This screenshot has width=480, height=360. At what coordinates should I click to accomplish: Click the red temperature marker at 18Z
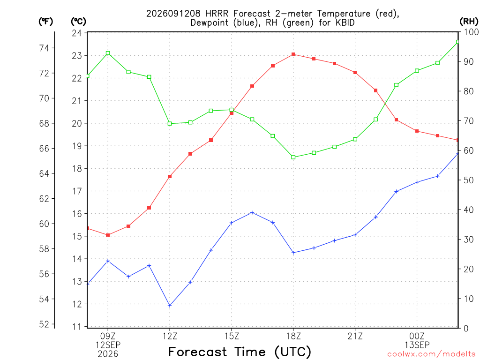(x=293, y=54)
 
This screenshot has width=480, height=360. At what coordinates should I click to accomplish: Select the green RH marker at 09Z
(x=108, y=53)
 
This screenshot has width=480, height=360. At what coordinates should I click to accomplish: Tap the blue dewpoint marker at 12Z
(x=170, y=306)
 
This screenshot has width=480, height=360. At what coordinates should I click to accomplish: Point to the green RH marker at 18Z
(x=293, y=157)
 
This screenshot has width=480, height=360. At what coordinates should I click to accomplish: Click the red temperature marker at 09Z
(x=108, y=235)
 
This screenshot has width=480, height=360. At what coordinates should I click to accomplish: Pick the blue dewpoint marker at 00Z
(x=417, y=182)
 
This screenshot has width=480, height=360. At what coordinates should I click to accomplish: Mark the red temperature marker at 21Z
(x=355, y=73)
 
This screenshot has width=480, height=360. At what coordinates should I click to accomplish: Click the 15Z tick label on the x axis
(x=232, y=337)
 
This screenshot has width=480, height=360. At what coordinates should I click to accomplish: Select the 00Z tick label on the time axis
(x=417, y=337)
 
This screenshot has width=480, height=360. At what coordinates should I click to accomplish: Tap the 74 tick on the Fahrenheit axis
(x=44, y=48)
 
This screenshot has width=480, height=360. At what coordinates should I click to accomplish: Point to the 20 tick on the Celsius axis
(x=77, y=123)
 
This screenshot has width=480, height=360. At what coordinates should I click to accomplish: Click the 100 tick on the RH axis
(x=471, y=32)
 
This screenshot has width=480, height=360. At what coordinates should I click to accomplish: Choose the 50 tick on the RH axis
(x=468, y=180)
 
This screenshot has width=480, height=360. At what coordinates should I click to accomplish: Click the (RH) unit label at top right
(x=469, y=22)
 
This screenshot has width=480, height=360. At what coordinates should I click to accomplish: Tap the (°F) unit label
(x=45, y=22)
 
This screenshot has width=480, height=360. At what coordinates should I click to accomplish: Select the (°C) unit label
(x=78, y=22)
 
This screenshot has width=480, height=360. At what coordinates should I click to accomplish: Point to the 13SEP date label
(x=417, y=345)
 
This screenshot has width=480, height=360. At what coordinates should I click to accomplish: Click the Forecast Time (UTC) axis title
(x=240, y=352)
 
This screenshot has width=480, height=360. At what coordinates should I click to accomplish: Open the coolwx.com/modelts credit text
(x=431, y=354)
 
